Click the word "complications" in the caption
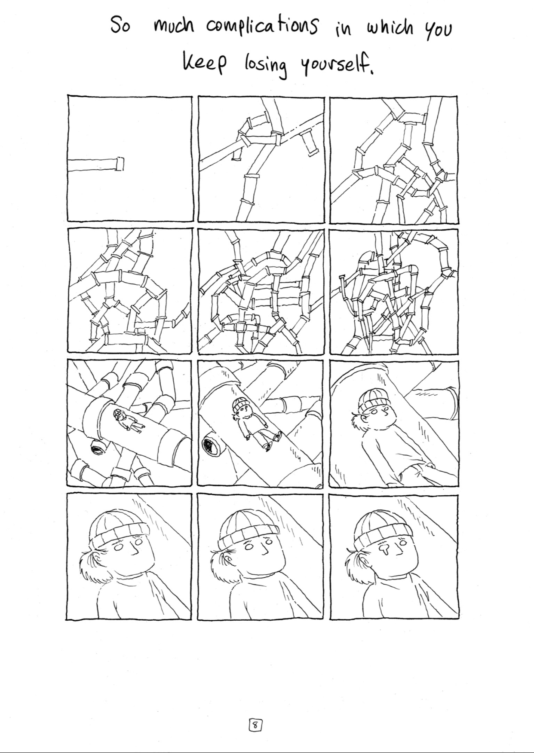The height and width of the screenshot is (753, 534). [262, 26]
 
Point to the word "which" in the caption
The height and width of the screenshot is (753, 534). [389, 29]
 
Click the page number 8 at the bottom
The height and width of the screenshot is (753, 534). [255, 726]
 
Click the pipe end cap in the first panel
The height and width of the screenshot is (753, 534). [120, 163]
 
